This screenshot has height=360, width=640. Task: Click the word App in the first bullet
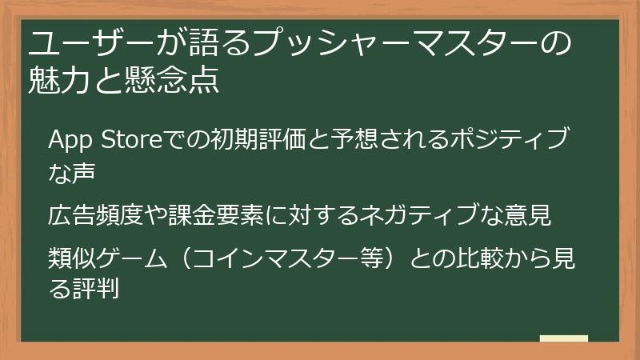(70, 142)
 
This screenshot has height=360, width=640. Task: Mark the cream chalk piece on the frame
(564, 339)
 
